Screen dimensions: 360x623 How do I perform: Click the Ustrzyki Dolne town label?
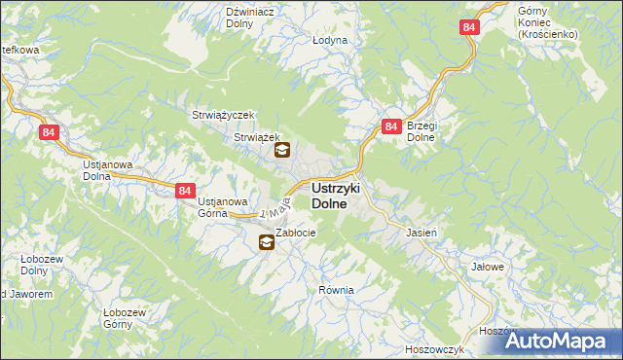[337, 196]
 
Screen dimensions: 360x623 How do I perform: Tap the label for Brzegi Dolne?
[425, 132]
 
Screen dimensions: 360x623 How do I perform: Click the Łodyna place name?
[330, 41]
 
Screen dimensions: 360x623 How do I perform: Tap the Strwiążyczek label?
[223, 115]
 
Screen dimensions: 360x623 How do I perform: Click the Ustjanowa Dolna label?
[107, 171]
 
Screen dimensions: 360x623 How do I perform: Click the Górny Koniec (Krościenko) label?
[548, 21]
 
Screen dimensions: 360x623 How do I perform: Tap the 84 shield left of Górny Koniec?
[470, 29]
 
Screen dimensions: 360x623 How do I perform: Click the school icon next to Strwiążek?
[282, 150]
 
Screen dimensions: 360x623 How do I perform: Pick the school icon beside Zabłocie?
[266, 243]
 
